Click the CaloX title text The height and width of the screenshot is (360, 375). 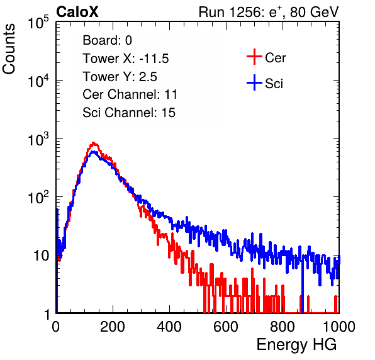(x=77, y=12)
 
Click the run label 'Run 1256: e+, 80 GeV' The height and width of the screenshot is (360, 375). (x=269, y=12)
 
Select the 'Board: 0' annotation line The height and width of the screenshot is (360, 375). (x=107, y=40)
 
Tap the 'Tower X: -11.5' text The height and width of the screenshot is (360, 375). (x=126, y=59)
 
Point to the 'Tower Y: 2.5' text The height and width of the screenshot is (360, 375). (x=120, y=77)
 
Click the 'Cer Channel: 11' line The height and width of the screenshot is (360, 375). (x=130, y=94)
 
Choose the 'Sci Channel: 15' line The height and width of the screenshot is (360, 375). (x=129, y=113)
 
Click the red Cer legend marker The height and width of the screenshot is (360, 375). (x=254, y=57)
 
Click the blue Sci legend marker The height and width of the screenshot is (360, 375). (x=254, y=82)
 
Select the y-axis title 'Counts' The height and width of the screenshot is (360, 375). (x=9, y=49)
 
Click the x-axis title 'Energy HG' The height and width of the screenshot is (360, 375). (x=296, y=345)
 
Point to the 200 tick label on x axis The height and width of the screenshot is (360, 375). (x=113, y=327)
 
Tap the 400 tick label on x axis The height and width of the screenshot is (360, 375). (x=169, y=327)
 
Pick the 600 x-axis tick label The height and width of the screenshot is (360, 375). (x=226, y=327)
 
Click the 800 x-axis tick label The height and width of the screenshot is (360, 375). (x=283, y=327)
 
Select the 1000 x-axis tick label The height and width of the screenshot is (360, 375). (x=339, y=327)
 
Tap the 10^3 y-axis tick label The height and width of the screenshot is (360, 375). (x=38, y=138)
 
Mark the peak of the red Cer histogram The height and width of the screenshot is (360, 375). (x=94, y=143)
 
